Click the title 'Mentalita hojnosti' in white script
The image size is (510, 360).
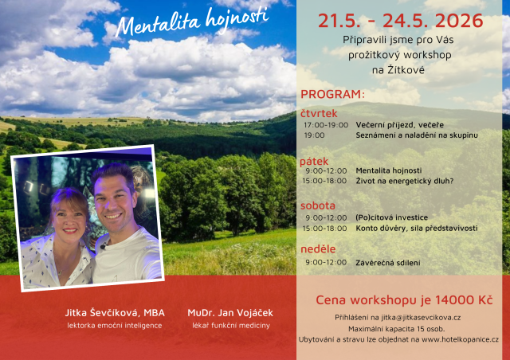[192, 22]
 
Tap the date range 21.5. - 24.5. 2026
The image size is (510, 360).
[400, 21]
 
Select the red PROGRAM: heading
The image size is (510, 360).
[332, 94]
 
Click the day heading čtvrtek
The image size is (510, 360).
[319, 114]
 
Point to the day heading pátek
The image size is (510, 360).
[314, 162]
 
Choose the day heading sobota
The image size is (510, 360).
[318, 205]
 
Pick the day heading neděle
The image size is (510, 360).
[318, 248]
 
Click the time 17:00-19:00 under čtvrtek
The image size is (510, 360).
[326, 125]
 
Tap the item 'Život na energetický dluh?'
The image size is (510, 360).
[404, 181]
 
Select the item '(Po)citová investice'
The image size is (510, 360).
[391, 217]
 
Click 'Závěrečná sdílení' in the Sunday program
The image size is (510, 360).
[388, 263]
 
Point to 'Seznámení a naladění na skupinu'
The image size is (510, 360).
[417, 135]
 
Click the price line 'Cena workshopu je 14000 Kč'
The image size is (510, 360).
[404, 299]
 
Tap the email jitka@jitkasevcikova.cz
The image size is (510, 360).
[421, 318]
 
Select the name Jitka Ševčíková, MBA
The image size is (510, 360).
[115, 313]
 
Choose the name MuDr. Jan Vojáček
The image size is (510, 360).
[230, 313]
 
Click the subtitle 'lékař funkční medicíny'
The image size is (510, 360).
[231, 325]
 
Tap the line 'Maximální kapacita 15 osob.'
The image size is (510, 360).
[397, 329]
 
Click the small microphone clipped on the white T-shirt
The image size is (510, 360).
[104, 246]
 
